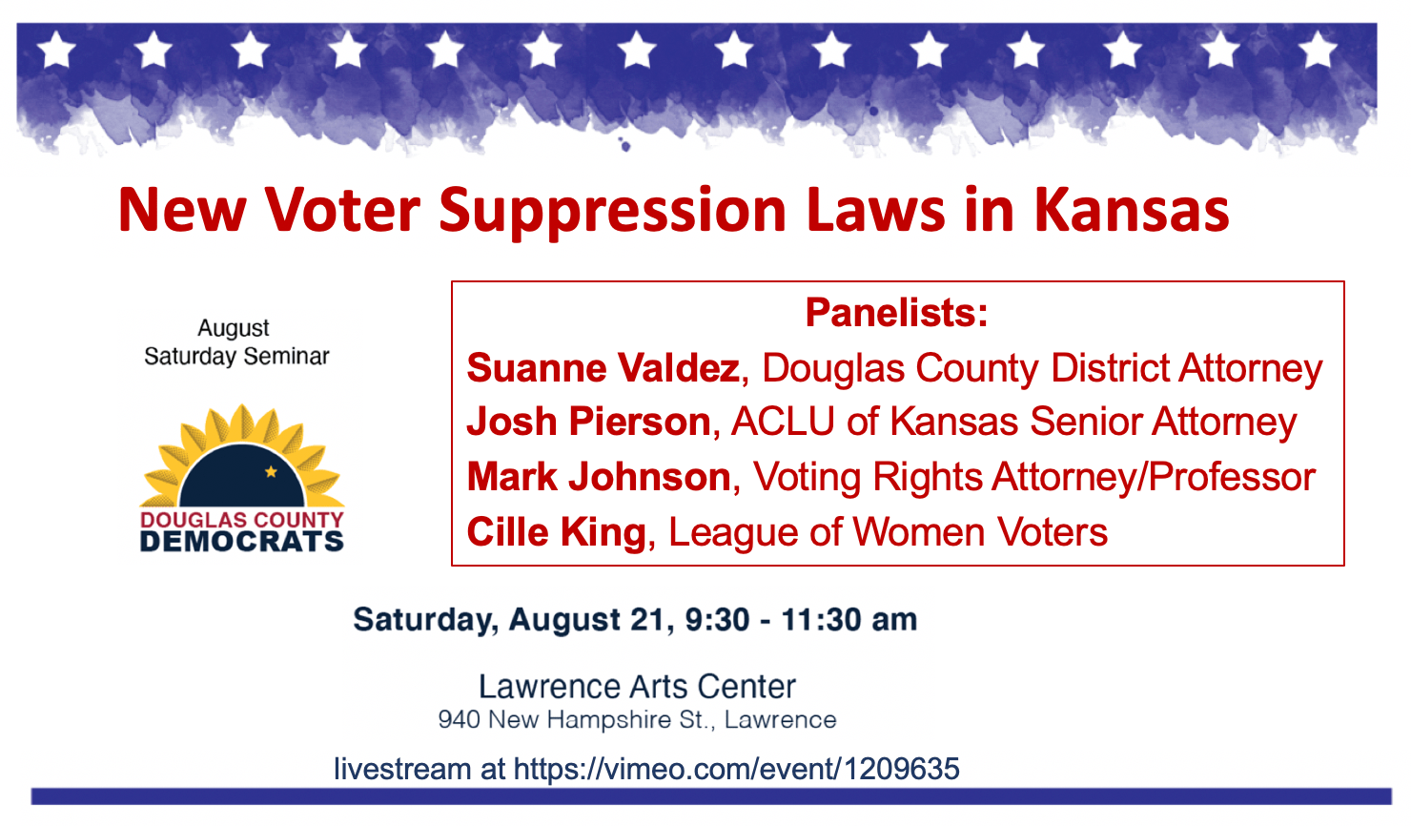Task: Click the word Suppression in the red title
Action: point(612,211)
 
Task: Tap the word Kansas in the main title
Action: point(1132,211)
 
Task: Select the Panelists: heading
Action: point(896,313)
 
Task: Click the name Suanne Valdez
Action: point(603,368)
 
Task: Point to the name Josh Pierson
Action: point(588,422)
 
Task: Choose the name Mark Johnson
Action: point(599,477)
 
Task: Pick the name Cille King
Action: point(556,532)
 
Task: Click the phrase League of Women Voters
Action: point(888,532)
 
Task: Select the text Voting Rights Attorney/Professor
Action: point(1034,477)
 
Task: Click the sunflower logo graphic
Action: point(242,458)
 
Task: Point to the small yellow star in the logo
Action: point(271,471)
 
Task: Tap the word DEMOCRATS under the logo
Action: point(242,542)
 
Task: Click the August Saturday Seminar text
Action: point(235,342)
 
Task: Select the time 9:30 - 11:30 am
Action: point(801,620)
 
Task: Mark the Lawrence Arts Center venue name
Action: point(637,687)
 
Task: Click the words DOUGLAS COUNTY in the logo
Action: point(242,520)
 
